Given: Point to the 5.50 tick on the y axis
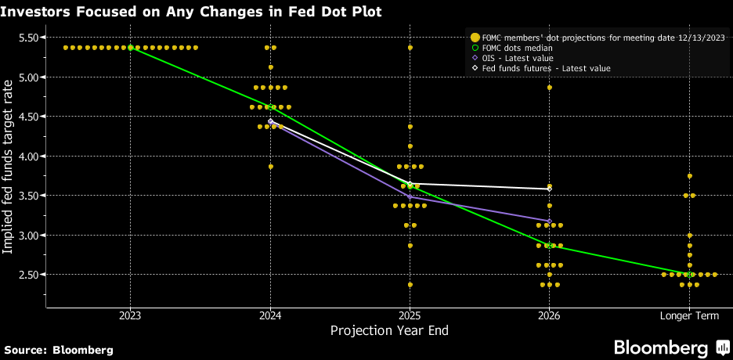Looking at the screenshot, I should click(31, 38).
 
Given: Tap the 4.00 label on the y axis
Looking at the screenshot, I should click(31, 157).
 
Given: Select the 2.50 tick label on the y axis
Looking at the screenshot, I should click(31, 275).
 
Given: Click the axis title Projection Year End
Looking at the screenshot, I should click(389, 331).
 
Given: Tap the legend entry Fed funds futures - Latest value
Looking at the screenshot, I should click(540, 69).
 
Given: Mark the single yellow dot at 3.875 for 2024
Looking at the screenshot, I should click(270, 167).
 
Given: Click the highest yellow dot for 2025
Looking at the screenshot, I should click(410, 48).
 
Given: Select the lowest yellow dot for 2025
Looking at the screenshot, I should click(410, 285).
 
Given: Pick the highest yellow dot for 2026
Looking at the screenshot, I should click(549, 88).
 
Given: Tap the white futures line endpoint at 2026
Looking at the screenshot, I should click(549, 189).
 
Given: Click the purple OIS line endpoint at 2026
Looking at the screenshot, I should click(549, 221).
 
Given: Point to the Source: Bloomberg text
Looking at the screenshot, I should click(59, 349).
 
